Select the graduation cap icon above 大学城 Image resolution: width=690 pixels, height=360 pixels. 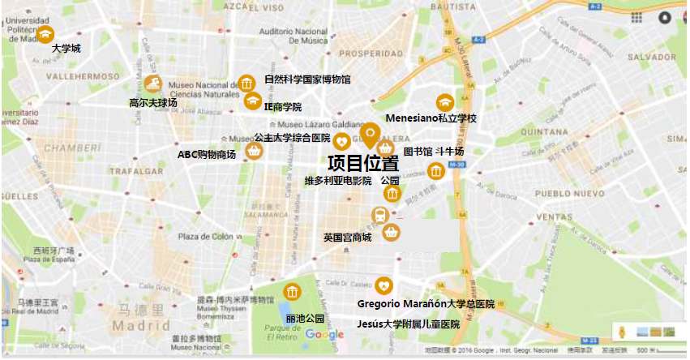[47, 32]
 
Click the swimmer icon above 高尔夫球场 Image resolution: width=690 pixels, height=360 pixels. [155, 84]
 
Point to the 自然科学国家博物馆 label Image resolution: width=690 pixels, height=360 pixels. [307, 80]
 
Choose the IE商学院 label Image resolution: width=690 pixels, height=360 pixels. [282, 107]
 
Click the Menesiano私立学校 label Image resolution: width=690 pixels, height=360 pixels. [431, 118]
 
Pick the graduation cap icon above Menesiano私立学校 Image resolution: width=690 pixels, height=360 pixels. [444, 102]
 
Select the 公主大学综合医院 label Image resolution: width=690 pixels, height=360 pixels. [292, 138]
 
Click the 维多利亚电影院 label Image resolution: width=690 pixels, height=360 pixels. [337, 180]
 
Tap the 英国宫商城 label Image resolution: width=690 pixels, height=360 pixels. [347, 237]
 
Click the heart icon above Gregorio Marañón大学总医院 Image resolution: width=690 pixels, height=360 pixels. [384, 285]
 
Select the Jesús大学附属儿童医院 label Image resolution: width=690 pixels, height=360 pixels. [408, 324]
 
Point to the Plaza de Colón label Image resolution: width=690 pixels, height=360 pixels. [206, 237]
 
